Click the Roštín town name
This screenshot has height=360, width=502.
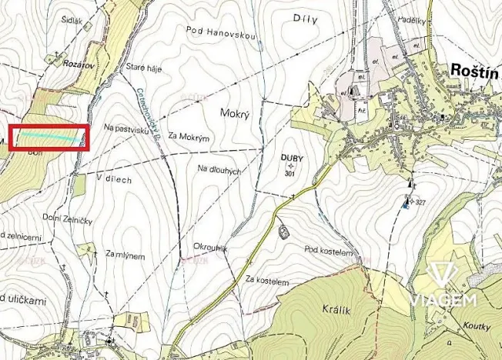tap(473, 72)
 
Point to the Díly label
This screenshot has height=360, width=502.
tap(306, 18)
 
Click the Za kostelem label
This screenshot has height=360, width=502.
tap(266, 282)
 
